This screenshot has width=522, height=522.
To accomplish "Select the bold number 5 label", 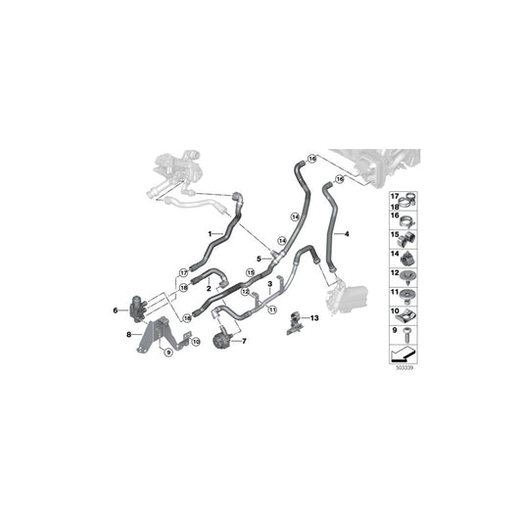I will click(259, 259).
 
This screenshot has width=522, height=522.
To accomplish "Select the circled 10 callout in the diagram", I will click(195, 341).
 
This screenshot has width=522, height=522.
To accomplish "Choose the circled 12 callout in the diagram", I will click(247, 292).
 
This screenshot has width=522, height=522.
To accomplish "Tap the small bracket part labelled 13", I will click(293, 322).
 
